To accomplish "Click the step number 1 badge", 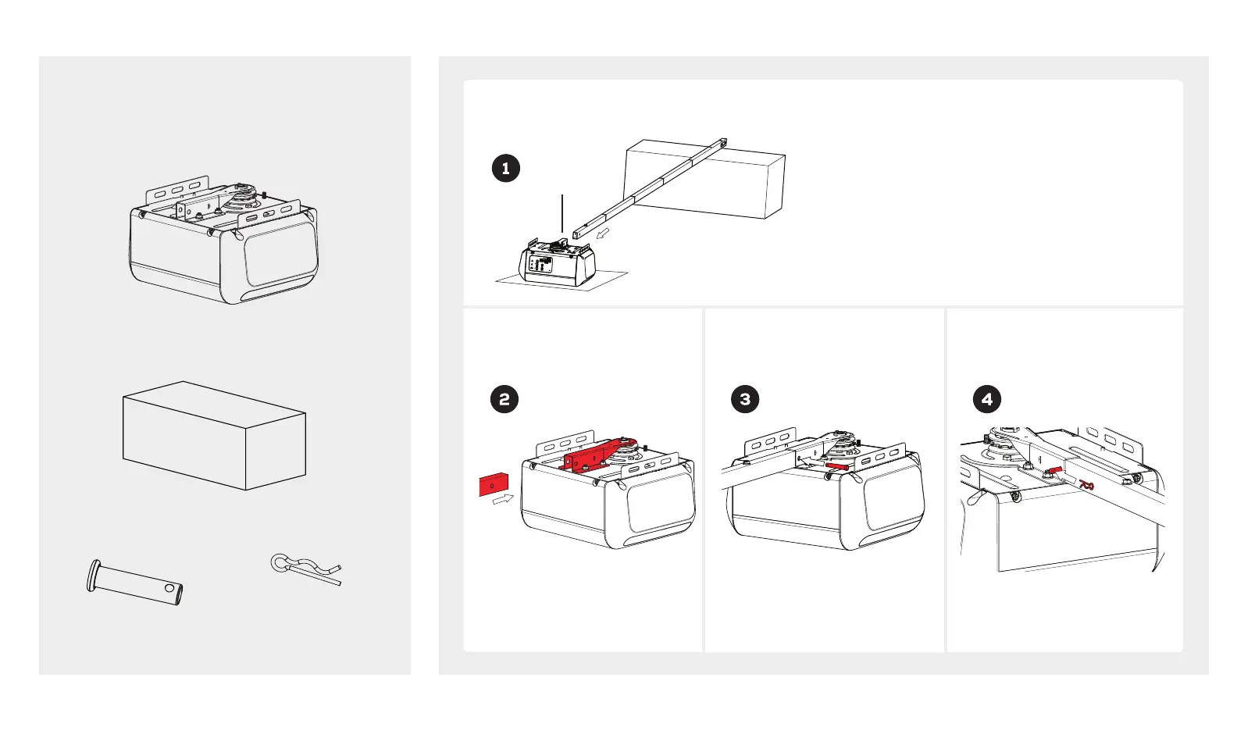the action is pos(506,168).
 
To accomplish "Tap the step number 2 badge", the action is pos(504,399).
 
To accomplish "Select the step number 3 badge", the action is pos(745,399).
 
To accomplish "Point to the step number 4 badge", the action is pos(987,399).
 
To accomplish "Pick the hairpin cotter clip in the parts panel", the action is pos(304,569).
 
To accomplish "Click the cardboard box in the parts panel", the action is pos(214,436).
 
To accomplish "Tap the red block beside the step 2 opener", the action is pos(493,484).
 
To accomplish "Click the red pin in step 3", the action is pos(836,466).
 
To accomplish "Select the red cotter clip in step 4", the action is pos(1086,486).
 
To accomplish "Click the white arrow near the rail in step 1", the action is pos(602,233).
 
